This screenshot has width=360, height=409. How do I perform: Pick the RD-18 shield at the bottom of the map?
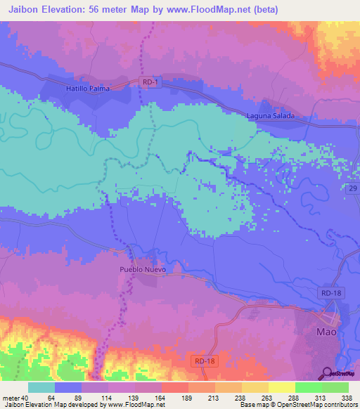pos(202,361)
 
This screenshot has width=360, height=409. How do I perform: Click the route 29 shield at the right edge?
pos(354,188)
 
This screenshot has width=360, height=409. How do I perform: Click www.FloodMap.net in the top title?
pos(217,10)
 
